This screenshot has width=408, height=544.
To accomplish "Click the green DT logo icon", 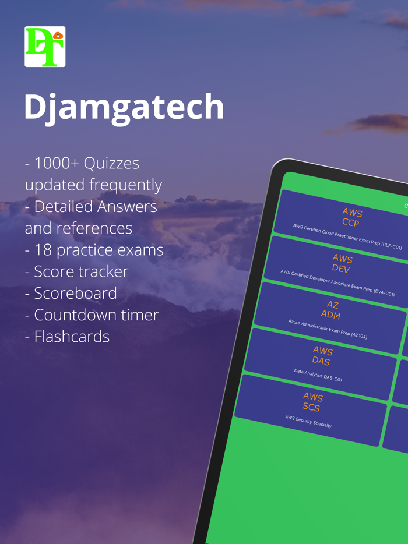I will (x=45, y=47).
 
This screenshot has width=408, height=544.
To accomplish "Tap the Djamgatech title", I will (x=124, y=107).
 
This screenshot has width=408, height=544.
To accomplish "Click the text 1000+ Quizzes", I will (x=86, y=163).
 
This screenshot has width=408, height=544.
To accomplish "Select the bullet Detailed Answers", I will (x=95, y=207).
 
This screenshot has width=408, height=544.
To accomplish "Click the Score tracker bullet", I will (x=81, y=271).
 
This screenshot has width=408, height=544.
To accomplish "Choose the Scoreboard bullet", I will (x=75, y=293).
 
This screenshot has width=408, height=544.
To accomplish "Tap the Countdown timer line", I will (x=96, y=315).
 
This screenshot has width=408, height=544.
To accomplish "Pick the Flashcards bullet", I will (x=72, y=337).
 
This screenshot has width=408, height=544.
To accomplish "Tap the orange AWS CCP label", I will (x=351, y=217).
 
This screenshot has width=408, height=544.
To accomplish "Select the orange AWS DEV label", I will (x=342, y=263).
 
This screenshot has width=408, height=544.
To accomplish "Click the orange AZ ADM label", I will (x=332, y=309).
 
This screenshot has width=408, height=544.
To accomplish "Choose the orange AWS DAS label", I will (x=322, y=356).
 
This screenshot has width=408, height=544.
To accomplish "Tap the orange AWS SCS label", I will (x=312, y=402).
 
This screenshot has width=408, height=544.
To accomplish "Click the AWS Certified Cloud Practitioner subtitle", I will (x=347, y=236).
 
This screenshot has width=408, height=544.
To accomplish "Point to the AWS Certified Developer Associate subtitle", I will (x=337, y=283).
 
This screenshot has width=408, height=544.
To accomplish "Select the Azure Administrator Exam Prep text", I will (x=328, y=329).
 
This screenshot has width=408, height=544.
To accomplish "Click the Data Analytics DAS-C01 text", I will (x=318, y=375).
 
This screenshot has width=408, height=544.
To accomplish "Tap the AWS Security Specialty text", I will (x=308, y=421).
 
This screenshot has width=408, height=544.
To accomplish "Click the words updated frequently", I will (x=93, y=185).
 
